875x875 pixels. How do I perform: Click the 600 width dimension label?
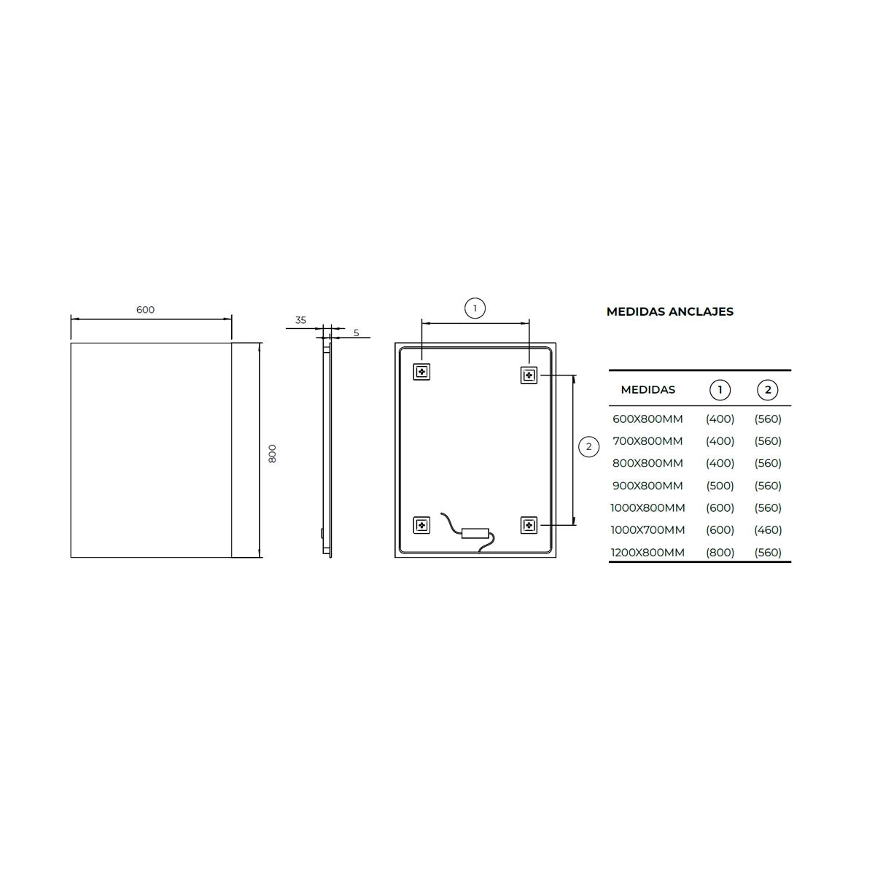[x=145, y=310]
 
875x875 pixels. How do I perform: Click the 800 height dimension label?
[x=272, y=454]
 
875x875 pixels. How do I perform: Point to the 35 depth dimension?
[x=300, y=320]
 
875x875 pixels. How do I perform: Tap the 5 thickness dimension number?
[x=357, y=332]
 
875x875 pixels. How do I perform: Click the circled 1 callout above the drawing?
[x=475, y=308]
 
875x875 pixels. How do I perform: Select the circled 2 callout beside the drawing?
[x=589, y=446]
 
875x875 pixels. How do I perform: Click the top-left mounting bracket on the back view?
[x=422, y=372]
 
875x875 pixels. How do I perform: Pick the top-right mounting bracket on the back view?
[x=529, y=375]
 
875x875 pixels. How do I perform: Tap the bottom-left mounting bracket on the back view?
[x=422, y=525]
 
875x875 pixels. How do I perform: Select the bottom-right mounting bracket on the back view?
[x=529, y=525]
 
